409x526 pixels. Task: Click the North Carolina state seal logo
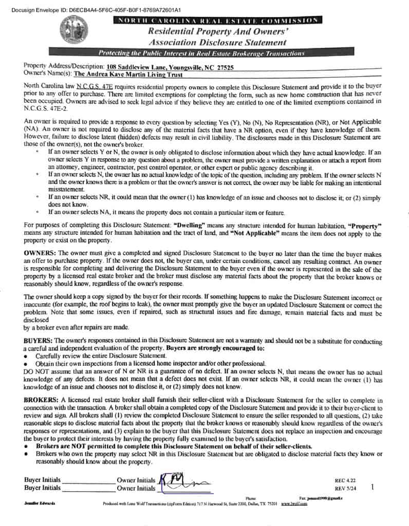click(73, 29)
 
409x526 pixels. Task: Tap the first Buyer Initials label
click(42, 480)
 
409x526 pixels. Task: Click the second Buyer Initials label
click(42, 488)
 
